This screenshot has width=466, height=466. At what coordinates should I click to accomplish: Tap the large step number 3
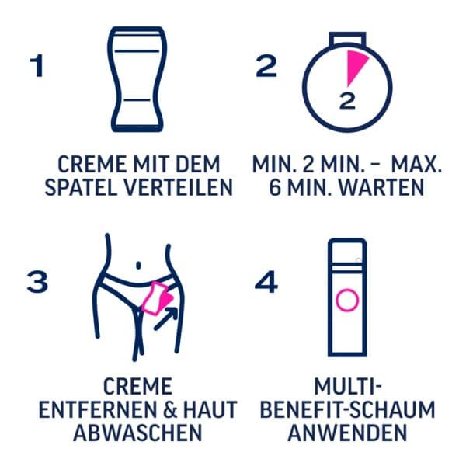pyautogui.click(x=37, y=282)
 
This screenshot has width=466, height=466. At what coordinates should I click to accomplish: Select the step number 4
pyautogui.click(x=266, y=282)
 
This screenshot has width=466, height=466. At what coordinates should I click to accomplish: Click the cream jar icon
pyautogui.click(x=135, y=82)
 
